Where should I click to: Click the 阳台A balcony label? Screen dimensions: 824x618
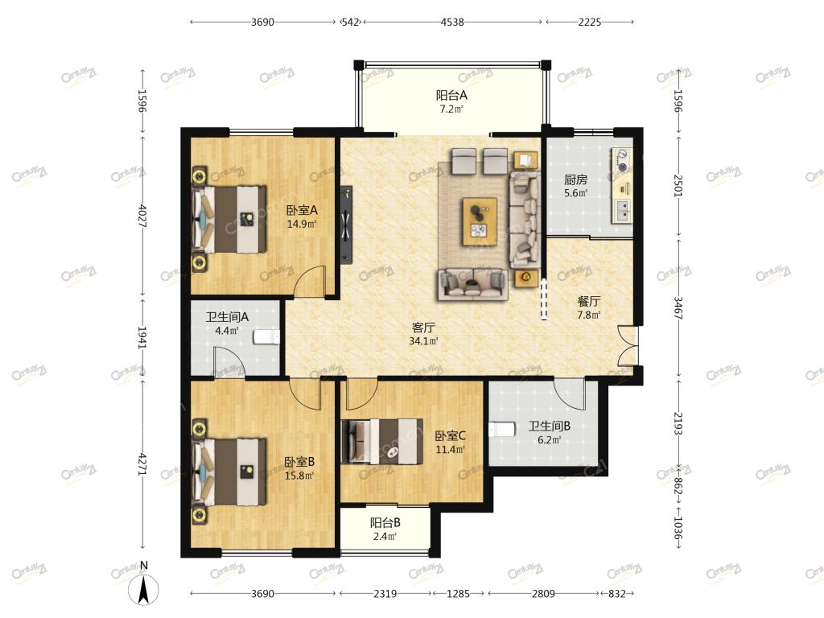coord(451,95)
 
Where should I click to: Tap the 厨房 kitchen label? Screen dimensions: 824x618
coord(575,179)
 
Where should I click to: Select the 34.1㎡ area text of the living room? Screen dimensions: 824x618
coord(423,341)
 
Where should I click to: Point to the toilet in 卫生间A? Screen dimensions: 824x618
coord(266,337)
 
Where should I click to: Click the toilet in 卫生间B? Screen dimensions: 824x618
coord(501,430)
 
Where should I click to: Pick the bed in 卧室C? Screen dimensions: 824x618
coord(382,440)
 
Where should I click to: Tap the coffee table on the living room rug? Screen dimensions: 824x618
coord(480,221)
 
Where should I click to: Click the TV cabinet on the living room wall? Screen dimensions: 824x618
coord(346,225)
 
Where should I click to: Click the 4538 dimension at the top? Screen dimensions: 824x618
coord(452,22)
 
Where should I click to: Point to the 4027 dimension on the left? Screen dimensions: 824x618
coord(142,216)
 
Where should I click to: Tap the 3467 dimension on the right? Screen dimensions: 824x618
coord(678,308)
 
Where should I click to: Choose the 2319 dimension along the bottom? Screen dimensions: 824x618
coord(385,593)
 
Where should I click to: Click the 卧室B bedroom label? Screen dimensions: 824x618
coord(299,462)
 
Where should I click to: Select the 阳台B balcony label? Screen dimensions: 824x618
coord(385,523)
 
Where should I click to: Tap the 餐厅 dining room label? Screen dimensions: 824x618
coord(588,301)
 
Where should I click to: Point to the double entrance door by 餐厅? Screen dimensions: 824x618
coord(628,346)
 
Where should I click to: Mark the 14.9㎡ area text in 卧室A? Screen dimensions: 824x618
coord(301,224)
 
